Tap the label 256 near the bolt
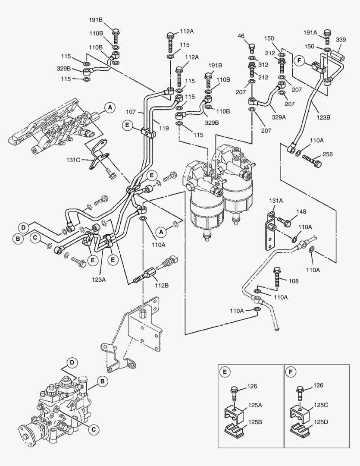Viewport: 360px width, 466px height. point(327,154)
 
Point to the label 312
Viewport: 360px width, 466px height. point(263,65)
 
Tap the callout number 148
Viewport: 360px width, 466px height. point(301,211)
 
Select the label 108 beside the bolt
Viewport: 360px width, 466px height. point(294,281)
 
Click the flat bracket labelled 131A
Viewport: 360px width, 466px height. point(270,231)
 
